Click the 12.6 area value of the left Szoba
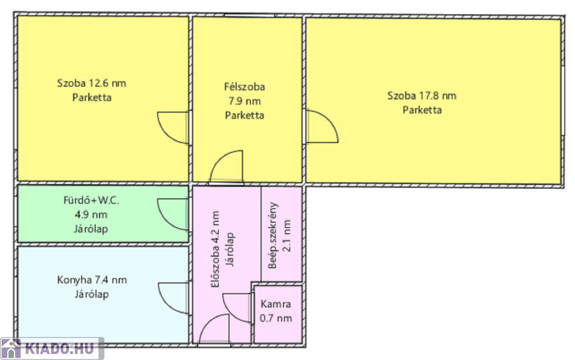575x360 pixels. coord(98,83)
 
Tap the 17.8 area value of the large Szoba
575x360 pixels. coord(428,96)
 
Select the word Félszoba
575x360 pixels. coord(245,87)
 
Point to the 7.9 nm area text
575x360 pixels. coord(245,101)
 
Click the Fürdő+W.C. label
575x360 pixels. coord(92,200)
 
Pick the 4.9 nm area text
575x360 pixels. coord(91,215)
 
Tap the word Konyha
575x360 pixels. coord(75,280)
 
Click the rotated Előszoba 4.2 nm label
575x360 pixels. coord(216,249)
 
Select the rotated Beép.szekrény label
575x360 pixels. coord(273,235)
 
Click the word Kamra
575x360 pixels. coord(276,304)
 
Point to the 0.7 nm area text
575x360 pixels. coord(276,318)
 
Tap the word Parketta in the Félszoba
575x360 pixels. coord(245,115)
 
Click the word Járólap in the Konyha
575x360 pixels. coord(92,294)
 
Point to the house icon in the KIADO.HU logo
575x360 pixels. coord(11,348)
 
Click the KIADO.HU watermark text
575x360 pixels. coord(60,348)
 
